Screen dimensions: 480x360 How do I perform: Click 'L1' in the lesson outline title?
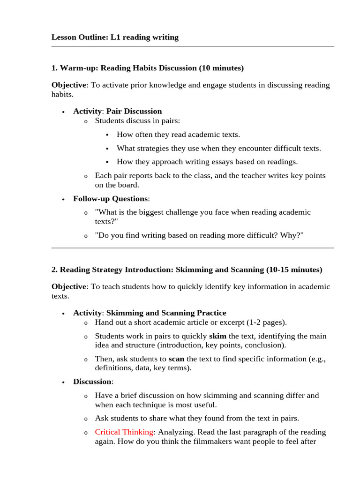[x=116, y=37]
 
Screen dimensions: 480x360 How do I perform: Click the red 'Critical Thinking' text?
[x=124, y=432]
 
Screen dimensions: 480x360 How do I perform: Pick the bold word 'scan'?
[x=176, y=359]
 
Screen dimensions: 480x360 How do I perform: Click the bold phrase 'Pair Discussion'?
[x=134, y=111]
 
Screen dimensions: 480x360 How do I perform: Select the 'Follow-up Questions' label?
[x=110, y=198]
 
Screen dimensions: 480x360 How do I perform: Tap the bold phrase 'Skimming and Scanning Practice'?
[x=166, y=313]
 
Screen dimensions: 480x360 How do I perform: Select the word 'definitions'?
[x=113, y=368]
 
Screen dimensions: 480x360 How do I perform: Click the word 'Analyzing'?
[x=174, y=432]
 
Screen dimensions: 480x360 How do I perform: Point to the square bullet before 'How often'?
[x=107, y=135]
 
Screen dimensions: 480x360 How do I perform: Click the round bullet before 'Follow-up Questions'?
[x=63, y=199]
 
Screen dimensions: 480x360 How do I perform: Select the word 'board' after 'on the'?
[x=130, y=185]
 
